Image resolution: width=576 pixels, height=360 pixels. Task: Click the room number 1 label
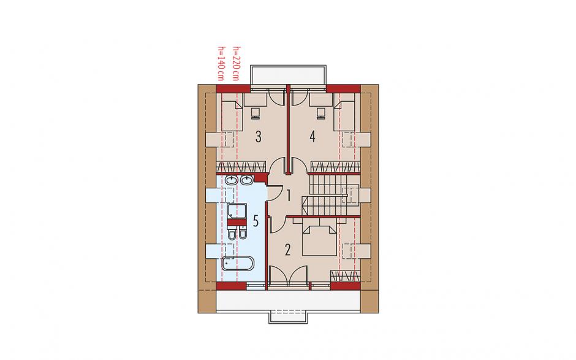pyautogui.click(x=289, y=196)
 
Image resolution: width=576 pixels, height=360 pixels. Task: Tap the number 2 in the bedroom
pyautogui.click(x=287, y=250)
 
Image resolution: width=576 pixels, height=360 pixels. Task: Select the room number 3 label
pyautogui.click(x=258, y=137)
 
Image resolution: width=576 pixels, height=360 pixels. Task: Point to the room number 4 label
pyautogui.click(x=313, y=137)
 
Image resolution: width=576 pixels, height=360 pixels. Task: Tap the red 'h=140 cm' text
pyautogui.click(x=221, y=64)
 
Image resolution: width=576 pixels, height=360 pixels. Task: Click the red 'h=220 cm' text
pyautogui.click(x=236, y=64)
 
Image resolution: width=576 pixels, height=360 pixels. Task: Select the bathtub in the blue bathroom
pyautogui.click(x=237, y=263)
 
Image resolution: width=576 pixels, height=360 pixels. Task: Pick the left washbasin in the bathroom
pyautogui.click(x=232, y=180)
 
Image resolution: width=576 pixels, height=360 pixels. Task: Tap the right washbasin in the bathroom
pyautogui.click(x=246, y=180)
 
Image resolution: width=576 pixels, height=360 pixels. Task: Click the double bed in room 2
pyautogui.click(x=319, y=240)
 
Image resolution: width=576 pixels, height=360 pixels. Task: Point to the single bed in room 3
pyautogui.click(x=232, y=116)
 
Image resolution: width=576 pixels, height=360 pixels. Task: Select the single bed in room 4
pyautogui.click(x=344, y=116)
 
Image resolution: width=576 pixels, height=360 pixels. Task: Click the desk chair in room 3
pyautogui.click(x=256, y=113)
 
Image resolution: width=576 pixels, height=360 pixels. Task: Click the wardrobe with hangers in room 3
pyautogui.click(x=240, y=167)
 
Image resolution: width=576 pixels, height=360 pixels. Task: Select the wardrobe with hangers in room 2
pyautogui.click(x=345, y=276)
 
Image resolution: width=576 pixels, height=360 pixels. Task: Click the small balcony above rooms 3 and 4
pyautogui.click(x=288, y=75)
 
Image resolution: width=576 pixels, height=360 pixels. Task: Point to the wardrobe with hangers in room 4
pyautogui.click(x=335, y=167)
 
